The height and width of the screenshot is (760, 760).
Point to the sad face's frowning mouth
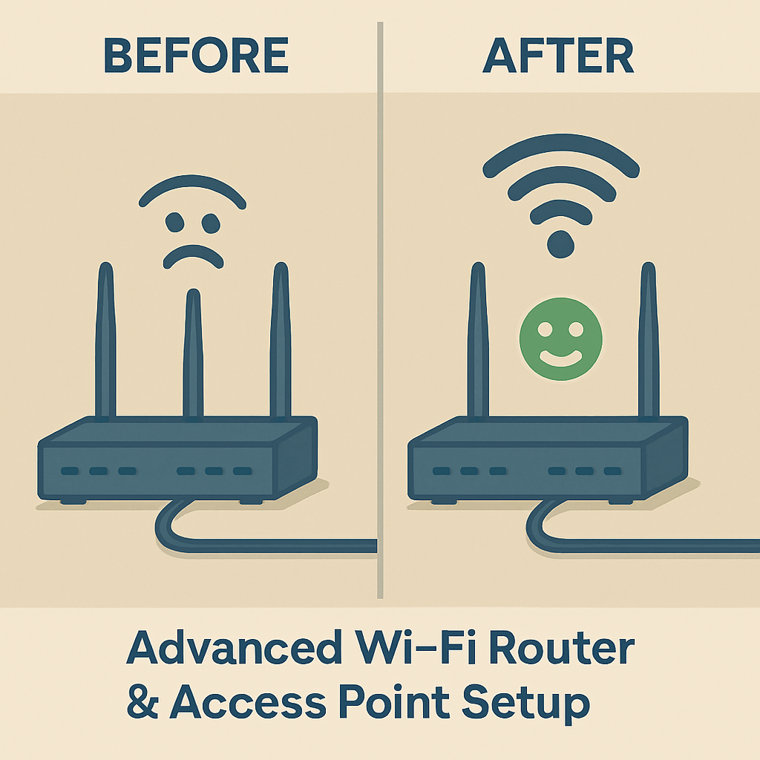tap(193, 256)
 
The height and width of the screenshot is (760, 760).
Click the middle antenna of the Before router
tap(193, 356)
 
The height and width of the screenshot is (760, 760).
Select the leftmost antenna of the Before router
tap(106, 341)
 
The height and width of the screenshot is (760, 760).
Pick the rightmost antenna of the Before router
tap(280, 341)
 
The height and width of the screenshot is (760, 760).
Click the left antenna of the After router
tap(478, 341)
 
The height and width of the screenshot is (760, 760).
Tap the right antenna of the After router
tap(649, 341)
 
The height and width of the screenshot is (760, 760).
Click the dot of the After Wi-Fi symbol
tap(561, 243)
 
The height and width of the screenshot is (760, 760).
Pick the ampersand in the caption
tap(144, 702)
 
